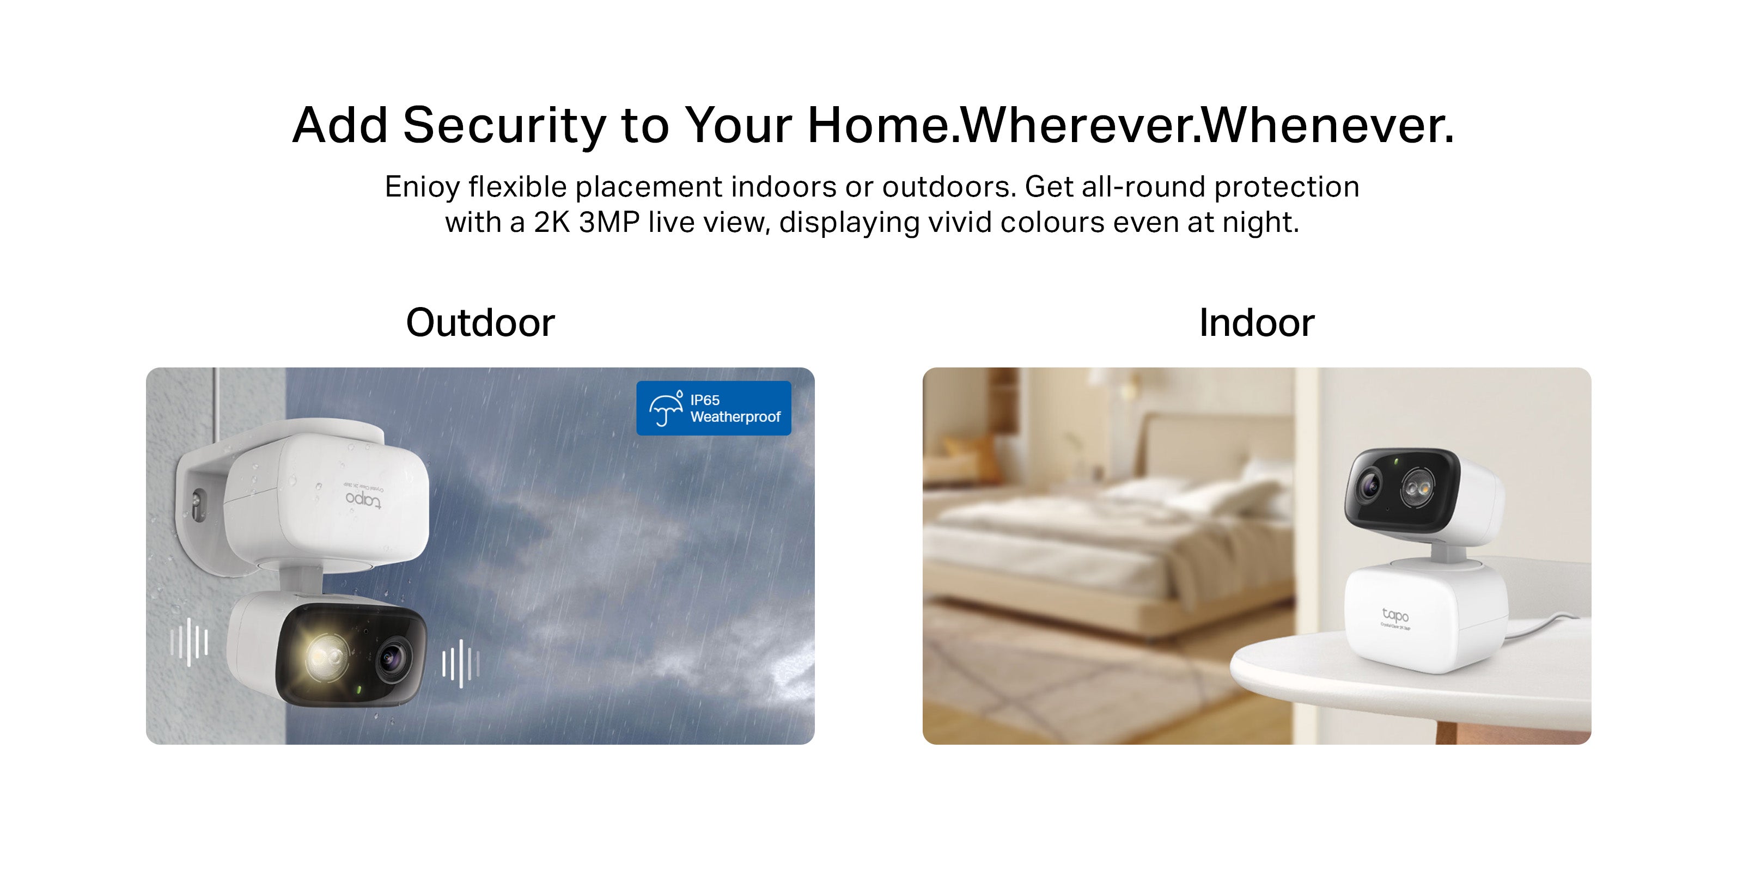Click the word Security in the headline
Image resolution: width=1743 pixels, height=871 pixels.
tap(504, 126)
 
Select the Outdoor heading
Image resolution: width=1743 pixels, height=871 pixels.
tap(480, 323)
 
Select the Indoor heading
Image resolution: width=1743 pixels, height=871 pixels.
tap(1257, 323)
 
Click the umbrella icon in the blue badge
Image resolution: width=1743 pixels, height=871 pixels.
tap(666, 408)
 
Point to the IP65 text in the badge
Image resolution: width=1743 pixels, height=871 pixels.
tap(704, 400)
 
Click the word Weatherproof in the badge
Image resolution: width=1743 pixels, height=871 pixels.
tap(735, 416)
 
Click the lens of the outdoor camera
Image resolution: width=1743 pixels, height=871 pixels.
tap(394, 657)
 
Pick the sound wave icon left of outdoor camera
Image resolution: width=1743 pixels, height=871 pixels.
tap(189, 641)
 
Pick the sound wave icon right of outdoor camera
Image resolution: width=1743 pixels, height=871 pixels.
tap(461, 664)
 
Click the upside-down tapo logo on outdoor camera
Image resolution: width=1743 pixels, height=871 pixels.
tap(363, 500)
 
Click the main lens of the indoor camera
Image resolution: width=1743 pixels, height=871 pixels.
tap(1369, 485)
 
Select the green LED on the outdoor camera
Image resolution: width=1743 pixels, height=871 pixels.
tap(358, 690)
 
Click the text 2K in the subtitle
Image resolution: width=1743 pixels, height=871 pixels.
tap(552, 223)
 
